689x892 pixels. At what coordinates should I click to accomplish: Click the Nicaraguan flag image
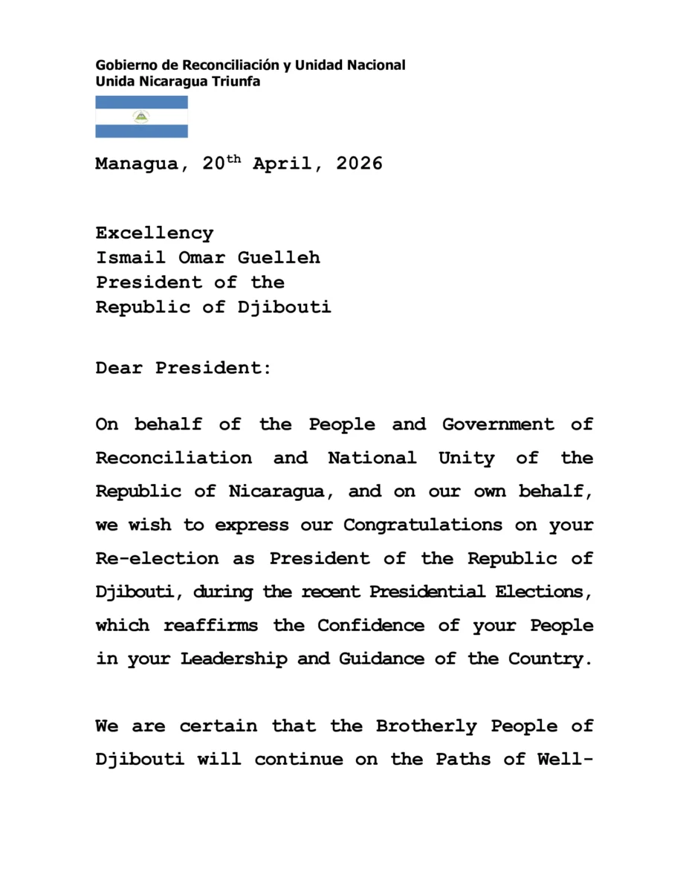[x=141, y=117]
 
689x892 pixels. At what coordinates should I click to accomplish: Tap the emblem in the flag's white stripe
[x=141, y=117]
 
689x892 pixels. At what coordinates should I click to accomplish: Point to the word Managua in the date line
[x=137, y=164]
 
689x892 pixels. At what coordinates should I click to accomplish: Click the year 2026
[x=359, y=164]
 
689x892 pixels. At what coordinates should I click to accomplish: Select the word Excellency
[x=154, y=233]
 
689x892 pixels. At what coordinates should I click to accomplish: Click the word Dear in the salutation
[x=119, y=368]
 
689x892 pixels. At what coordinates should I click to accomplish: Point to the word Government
[x=497, y=425]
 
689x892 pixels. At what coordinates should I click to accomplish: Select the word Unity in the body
[x=466, y=459]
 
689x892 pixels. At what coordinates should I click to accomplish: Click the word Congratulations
[x=422, y=526]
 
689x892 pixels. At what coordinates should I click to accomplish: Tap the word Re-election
[x=157, y=558]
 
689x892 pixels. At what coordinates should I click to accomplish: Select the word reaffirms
[x=210, y=626]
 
